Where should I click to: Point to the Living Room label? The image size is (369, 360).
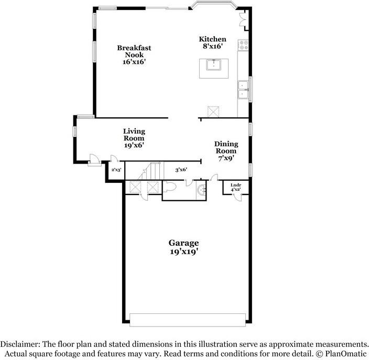(x=134, y=138)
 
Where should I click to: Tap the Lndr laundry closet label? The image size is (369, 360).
(x=235, y=187)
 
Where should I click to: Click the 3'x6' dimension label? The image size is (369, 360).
(x=181, y=169)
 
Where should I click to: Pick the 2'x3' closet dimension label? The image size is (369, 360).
(x=116, y=170)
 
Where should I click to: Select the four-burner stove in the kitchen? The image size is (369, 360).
(x=243, y=46)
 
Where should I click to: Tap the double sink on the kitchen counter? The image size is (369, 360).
(x=243, y=90)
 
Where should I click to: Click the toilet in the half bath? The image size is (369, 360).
(x=172, y=187)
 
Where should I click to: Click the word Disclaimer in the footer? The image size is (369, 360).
(x=19, y=344)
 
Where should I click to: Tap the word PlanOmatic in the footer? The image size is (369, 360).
(x=344, y=354)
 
